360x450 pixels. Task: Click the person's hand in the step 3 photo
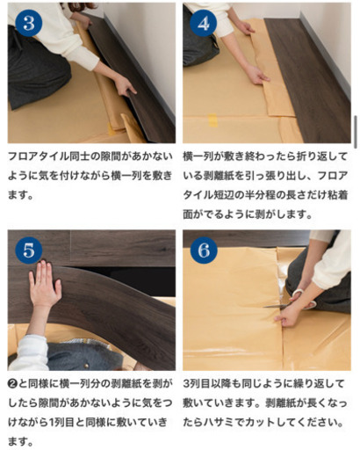[125, 86]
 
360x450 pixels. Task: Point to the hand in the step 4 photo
[256, 76]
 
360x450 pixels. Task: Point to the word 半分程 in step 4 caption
[263, 192]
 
